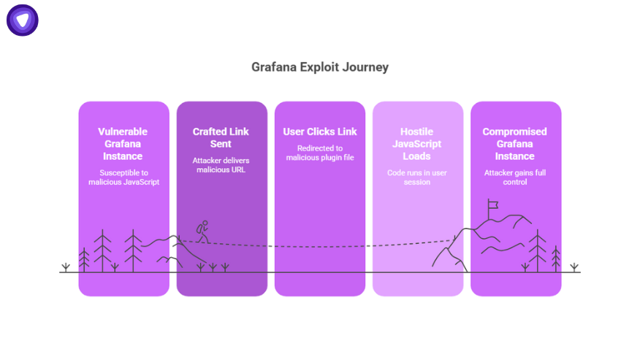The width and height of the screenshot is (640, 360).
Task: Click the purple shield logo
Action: tap(23, 20)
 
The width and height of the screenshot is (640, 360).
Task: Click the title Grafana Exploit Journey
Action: tap(319, 67)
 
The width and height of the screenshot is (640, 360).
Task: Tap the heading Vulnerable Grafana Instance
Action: tap(123, 144)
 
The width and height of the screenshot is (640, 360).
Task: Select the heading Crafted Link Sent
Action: tap(221, 137)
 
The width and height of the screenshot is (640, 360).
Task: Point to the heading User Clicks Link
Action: tap(320, 131)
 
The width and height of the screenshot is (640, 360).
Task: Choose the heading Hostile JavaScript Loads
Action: tap(416, 144)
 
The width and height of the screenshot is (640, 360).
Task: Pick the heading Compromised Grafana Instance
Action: tap(514, 144)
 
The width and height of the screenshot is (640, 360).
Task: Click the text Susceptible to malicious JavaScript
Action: tap(123, 177)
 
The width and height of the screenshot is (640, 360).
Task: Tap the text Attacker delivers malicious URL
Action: tap(221, 165)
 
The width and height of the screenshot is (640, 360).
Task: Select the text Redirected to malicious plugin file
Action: tap(320, 153)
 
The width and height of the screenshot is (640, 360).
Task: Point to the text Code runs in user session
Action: tap(416, 177)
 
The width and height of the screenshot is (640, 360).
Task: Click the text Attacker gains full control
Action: tap(515, 177)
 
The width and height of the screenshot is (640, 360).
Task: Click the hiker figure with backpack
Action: tap(203, 231)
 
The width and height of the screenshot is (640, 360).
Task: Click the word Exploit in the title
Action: tap(319, 67)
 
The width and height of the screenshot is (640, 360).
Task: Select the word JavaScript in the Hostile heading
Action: tap(416, 144)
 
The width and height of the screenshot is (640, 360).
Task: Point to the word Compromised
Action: tap(514, 132)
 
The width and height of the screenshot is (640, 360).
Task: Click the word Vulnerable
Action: tap(123, 131)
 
